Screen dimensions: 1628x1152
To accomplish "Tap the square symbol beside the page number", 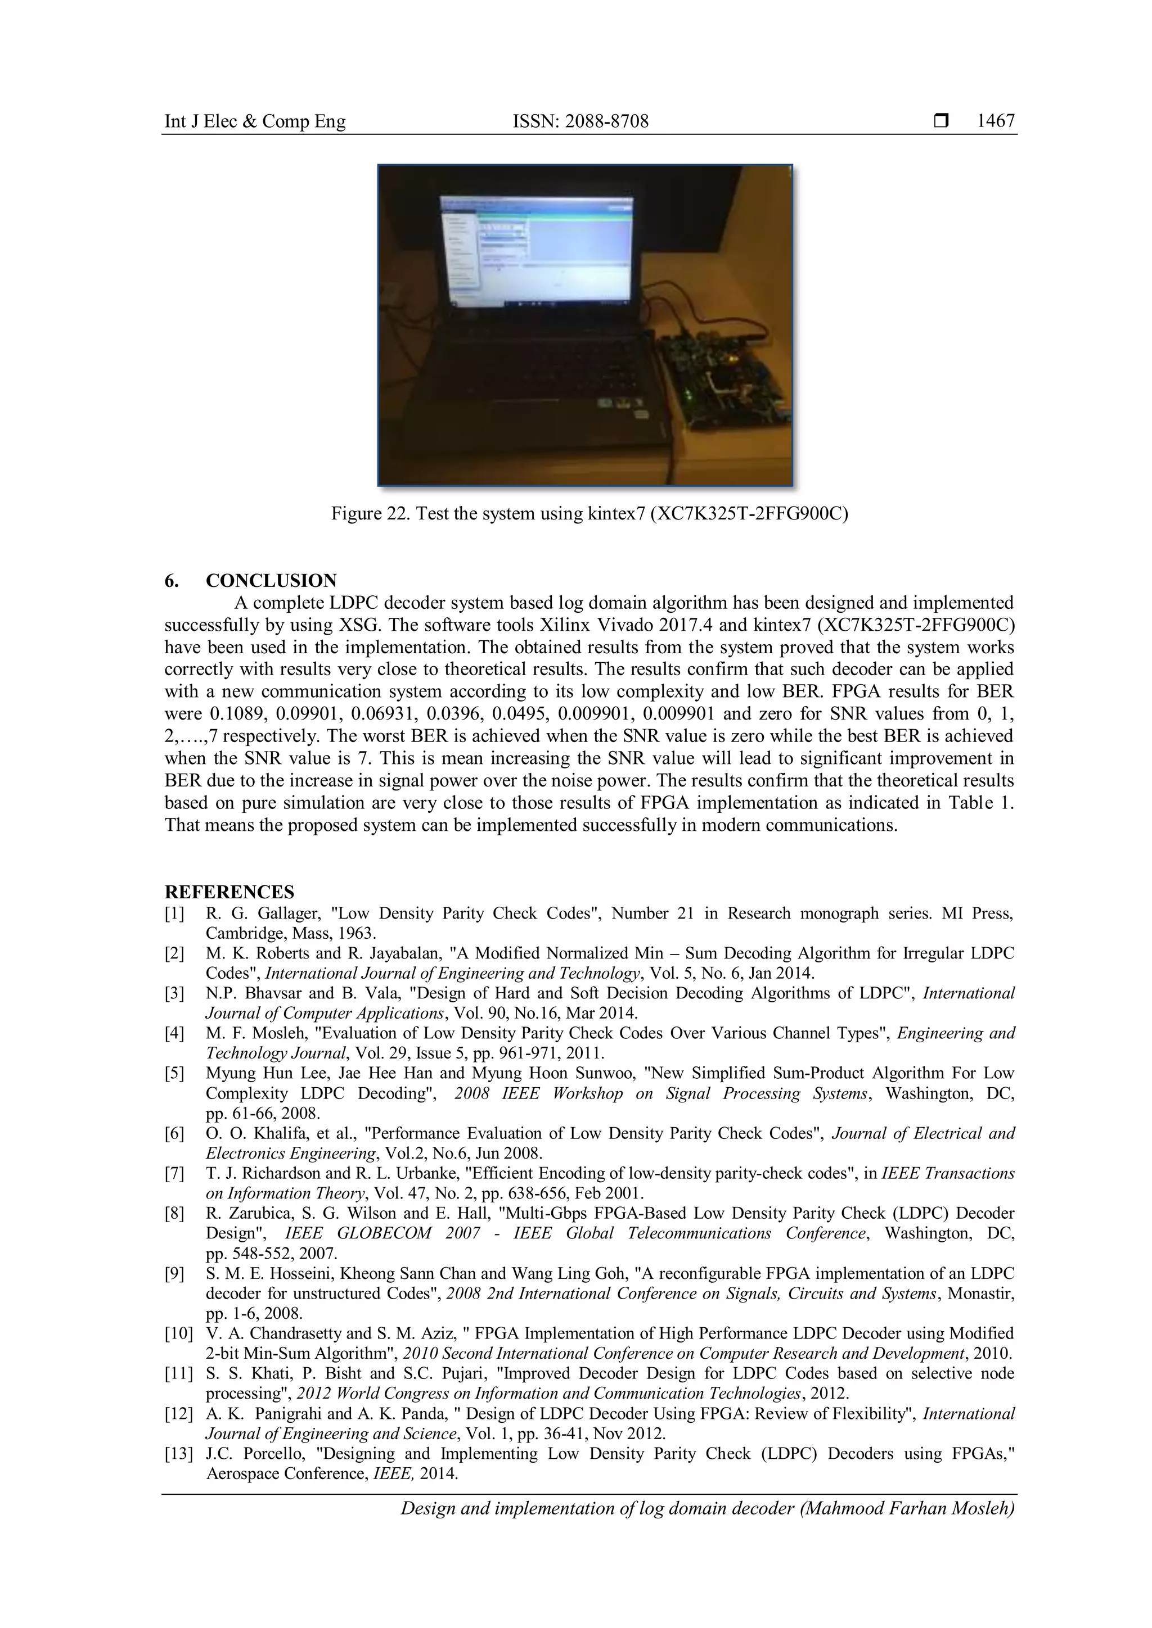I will click(940, 122).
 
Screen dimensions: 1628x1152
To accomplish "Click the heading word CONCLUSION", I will click(271, 581).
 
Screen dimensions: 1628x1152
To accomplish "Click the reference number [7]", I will click(174, 1173).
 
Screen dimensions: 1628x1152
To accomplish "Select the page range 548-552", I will click(253, 1254).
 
